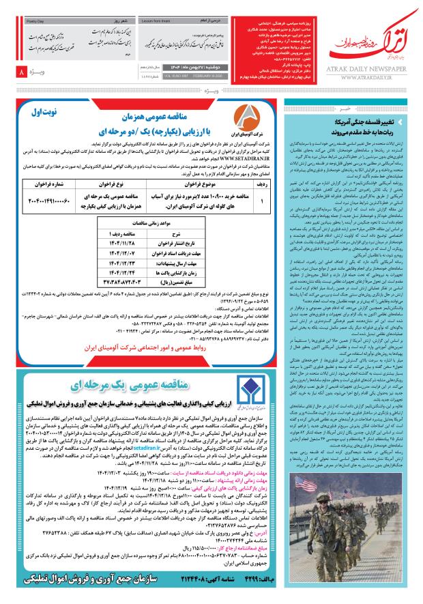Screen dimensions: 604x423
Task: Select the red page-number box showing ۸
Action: (x=23, y=72)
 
